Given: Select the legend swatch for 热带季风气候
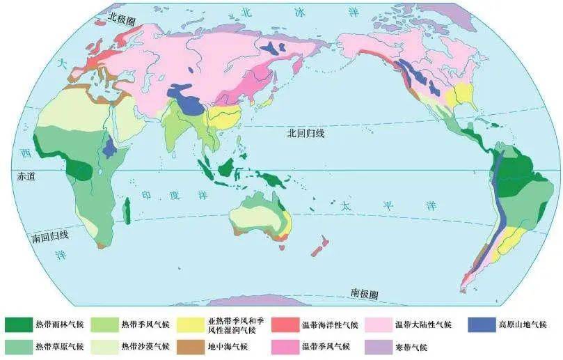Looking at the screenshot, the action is [x=105, y=325].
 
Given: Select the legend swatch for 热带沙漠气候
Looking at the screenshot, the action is [x=105, y=346].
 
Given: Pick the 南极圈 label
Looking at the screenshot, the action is [x=364, y=292].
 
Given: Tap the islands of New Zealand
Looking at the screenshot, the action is [x=320, y=246].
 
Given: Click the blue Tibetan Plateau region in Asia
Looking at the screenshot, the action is [x=187, y=97].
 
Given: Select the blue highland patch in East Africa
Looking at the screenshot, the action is [x=109, y=148].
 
